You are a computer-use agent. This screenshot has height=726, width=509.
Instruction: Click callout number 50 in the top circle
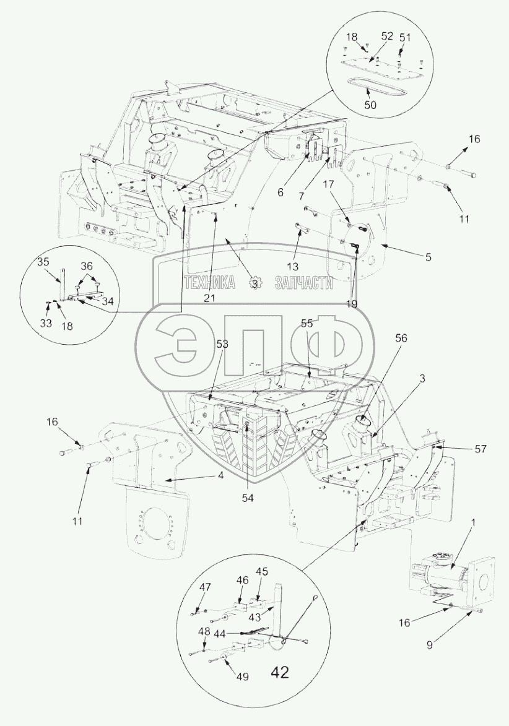click(x=370, y=105)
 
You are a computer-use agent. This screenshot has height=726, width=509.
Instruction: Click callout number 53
click(x=222, y=344)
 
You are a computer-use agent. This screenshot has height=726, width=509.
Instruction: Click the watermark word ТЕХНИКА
click(x=210, y=283)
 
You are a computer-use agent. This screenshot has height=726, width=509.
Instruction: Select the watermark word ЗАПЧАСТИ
click(x=299, y=283)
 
